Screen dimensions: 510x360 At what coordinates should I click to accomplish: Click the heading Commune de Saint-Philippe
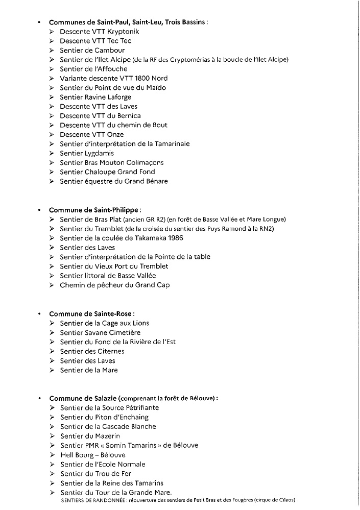tap(95, 210)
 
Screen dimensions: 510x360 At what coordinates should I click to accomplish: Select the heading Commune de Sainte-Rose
tap(92, 313)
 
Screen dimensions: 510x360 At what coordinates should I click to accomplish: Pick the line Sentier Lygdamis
tap(87, 153)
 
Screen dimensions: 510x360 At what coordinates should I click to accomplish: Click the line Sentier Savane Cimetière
tap(100, 332)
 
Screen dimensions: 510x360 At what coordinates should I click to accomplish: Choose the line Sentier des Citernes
tap(92, 351)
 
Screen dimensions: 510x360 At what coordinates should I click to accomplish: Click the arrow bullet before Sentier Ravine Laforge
tap(52, 97)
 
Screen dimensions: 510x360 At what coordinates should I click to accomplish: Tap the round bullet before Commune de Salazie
tap(39, 398)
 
